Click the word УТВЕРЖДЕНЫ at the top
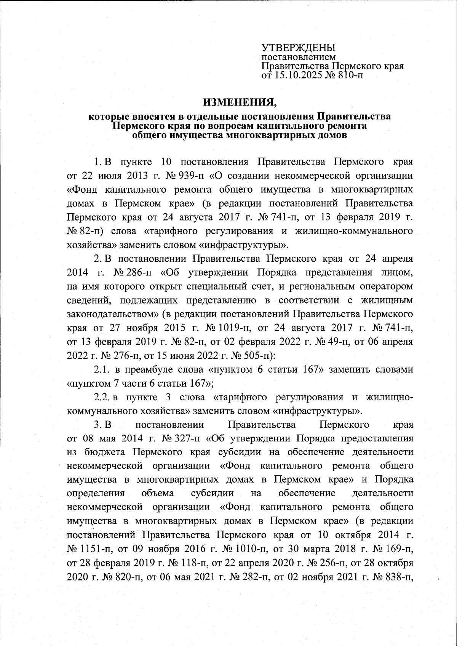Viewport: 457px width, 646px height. (x=298, y=48)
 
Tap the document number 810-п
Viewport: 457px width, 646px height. (x=348, y=75)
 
